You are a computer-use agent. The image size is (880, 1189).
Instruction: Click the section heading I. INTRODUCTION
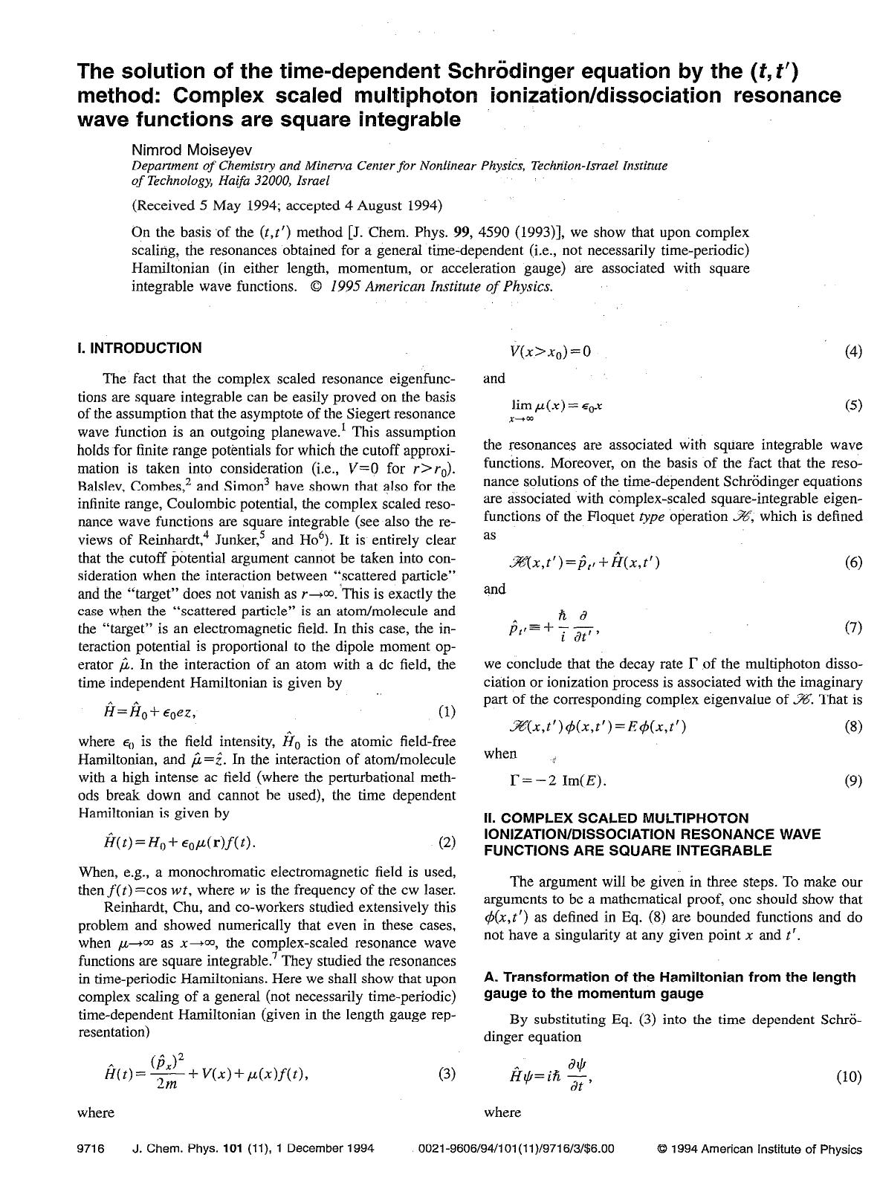click(139, 348)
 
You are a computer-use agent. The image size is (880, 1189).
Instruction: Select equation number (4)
click(853, 351)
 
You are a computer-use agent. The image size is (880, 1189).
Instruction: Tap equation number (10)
click(850, 1077)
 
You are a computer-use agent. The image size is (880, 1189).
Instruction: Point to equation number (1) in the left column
click(447, 712)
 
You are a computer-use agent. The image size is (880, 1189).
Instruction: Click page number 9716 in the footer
click(90, 1149)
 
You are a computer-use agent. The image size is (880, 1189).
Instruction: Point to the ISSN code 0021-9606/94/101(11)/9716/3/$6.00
click(517, 1149)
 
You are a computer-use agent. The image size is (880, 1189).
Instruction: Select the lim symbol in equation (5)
click(521, 405)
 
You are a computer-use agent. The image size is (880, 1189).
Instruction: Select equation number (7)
click(853, 627)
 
